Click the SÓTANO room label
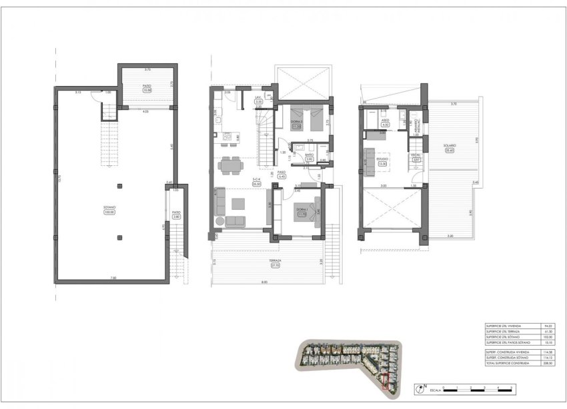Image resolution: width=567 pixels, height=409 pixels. [x=109, y=207]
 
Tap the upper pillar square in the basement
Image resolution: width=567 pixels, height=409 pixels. [x=119, y=185]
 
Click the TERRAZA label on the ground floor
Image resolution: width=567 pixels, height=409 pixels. [x=275, y=260]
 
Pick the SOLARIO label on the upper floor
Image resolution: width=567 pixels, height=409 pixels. [x=449, y=146]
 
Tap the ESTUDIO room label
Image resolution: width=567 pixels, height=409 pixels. [x=383, y=159]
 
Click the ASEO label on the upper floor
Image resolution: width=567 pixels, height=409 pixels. [x=385, y=120]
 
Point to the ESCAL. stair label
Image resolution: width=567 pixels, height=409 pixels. [x=416, y=155]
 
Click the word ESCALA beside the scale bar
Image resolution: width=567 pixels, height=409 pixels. [x=434, y=387]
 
